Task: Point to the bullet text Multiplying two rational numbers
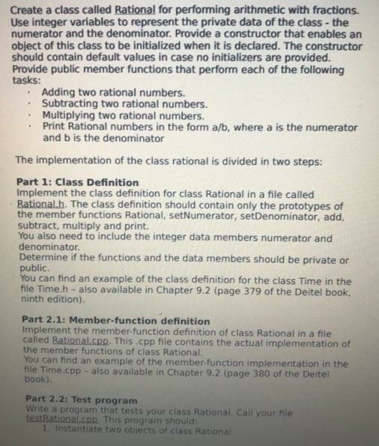tap(123, 115)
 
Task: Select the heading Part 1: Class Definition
tap(77, 182)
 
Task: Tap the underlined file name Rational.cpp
tap(84, 340)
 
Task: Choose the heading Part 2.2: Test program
tap(81, 400)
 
